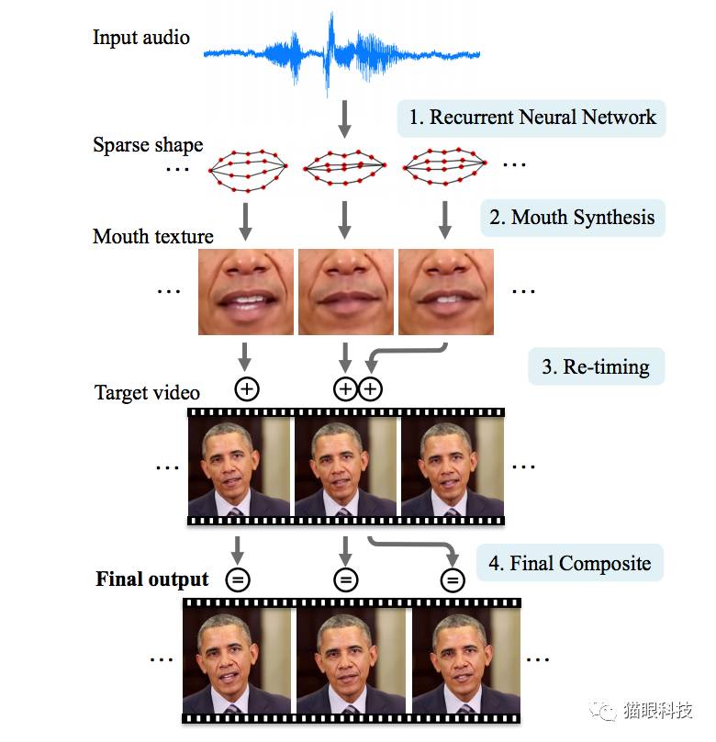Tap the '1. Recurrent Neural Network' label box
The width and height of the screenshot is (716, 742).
[x=531, y=118]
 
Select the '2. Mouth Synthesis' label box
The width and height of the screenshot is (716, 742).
[x=571, y=218]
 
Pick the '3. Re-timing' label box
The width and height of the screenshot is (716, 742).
[x=595, y=367]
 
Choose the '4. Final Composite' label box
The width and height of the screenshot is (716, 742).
[x=568, y=564]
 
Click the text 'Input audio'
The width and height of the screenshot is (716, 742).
[x=141, y=38]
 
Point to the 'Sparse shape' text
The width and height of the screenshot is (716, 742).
[x=148, y=145]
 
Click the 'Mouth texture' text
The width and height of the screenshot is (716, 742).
[x=153, y=237]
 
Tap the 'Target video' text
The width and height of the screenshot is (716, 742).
[x=147, y=393]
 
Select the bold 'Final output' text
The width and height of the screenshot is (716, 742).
[x=152, y=580]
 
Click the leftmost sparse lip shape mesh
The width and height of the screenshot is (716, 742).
[x=247, y=169]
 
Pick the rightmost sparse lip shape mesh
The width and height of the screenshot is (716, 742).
[x=447, y=166]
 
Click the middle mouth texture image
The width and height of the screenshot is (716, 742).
[x=345, y=291]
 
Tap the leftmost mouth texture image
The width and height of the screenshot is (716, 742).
[x=246, y=291]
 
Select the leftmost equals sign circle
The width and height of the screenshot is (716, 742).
[x=238, y=579]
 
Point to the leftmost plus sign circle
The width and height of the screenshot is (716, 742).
[x=247, y=389]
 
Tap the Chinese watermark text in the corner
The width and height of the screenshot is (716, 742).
[x=655, y=711]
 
